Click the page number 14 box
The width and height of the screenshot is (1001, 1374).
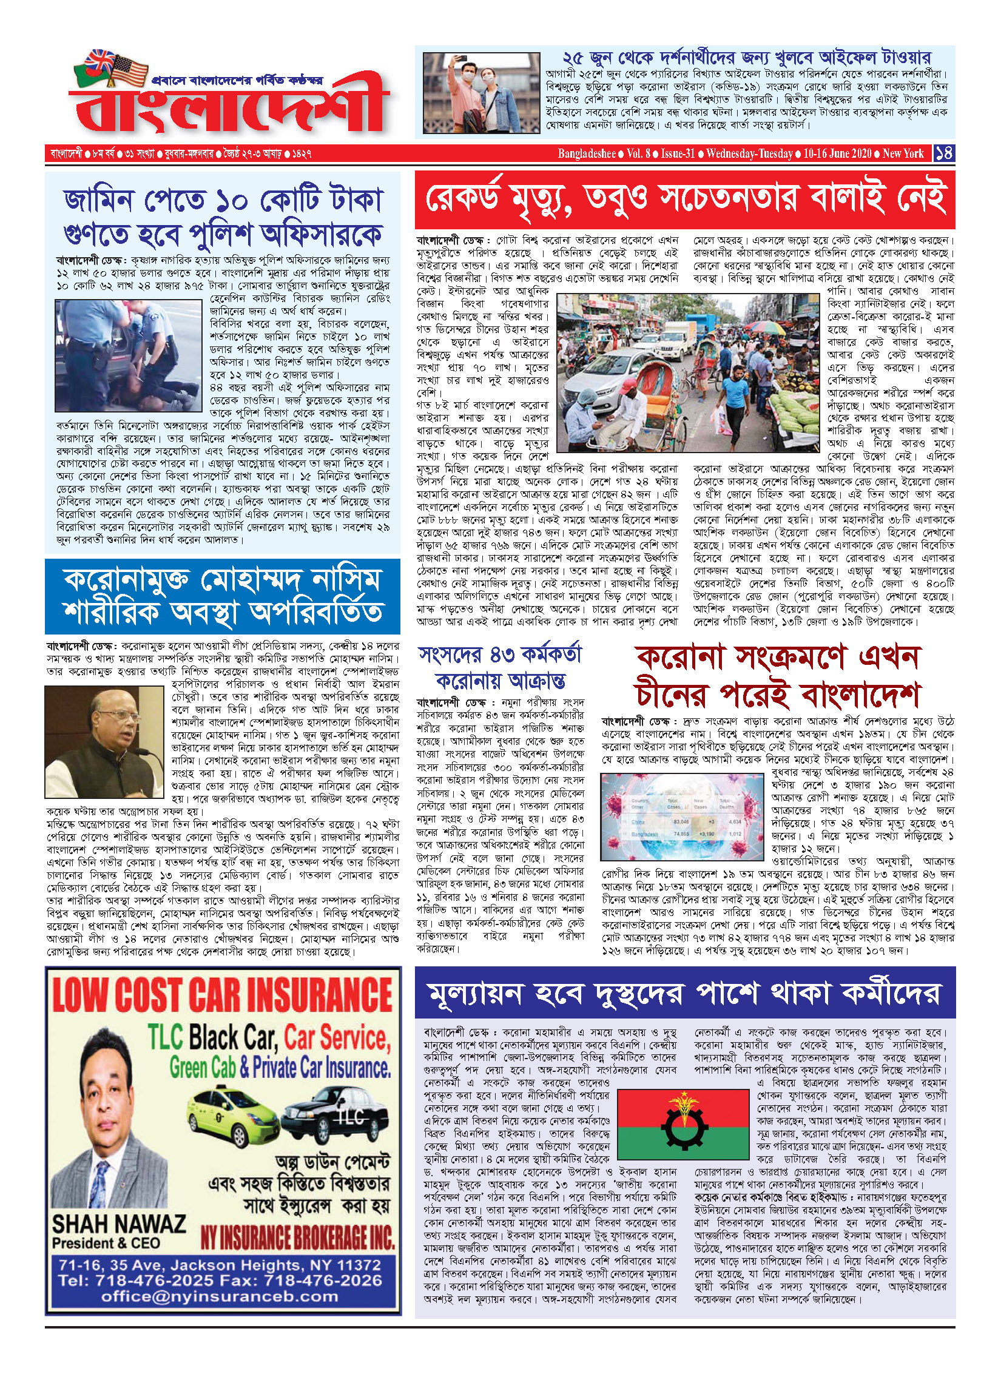(x=944, y=153)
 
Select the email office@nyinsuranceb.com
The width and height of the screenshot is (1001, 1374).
(x=220, y=1296)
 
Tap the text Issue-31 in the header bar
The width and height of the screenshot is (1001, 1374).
(x=678, y=153)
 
